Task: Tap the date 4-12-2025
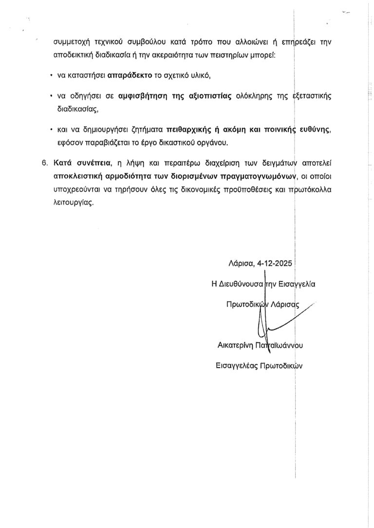click(275, 264)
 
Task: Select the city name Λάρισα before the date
click(240, 264)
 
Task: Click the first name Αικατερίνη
click(238, 346)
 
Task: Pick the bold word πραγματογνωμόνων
click(256, 176)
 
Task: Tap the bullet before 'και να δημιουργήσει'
click(51, 131)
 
